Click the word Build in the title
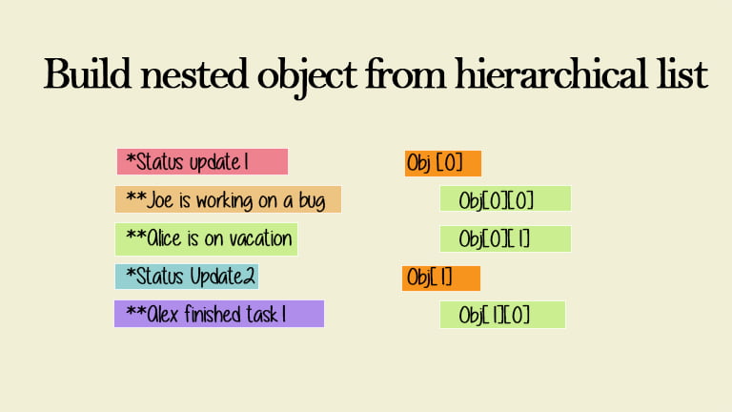coord(87,73)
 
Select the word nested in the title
coord(193,73)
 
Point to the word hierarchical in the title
coord(551,73)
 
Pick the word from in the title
coord(406,73)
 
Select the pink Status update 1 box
coord(202,161)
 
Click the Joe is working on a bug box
coord(229,199)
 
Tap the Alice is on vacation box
coord(206,238)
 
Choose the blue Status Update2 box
coord(187,276)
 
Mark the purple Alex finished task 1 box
coord(219,314)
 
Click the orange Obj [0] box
coord(443,163)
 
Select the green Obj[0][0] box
coord(505,198)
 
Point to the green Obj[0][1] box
coord(505,238)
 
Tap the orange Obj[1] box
coord(441,278)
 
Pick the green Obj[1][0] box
coord(503,315)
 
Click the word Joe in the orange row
coord(160,200)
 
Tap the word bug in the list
coord(312,201)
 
